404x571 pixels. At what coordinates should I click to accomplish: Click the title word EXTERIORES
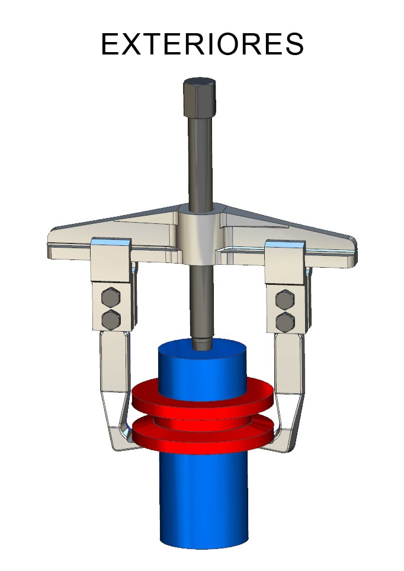(x=202, y=44)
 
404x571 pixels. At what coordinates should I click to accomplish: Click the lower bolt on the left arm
(x=110, y=320)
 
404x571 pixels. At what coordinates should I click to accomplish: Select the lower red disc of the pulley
(x=203, y=436)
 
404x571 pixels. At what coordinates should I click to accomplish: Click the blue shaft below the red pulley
(x=203, y=503)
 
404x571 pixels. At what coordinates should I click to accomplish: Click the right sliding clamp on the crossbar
(x=286, y=261)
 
